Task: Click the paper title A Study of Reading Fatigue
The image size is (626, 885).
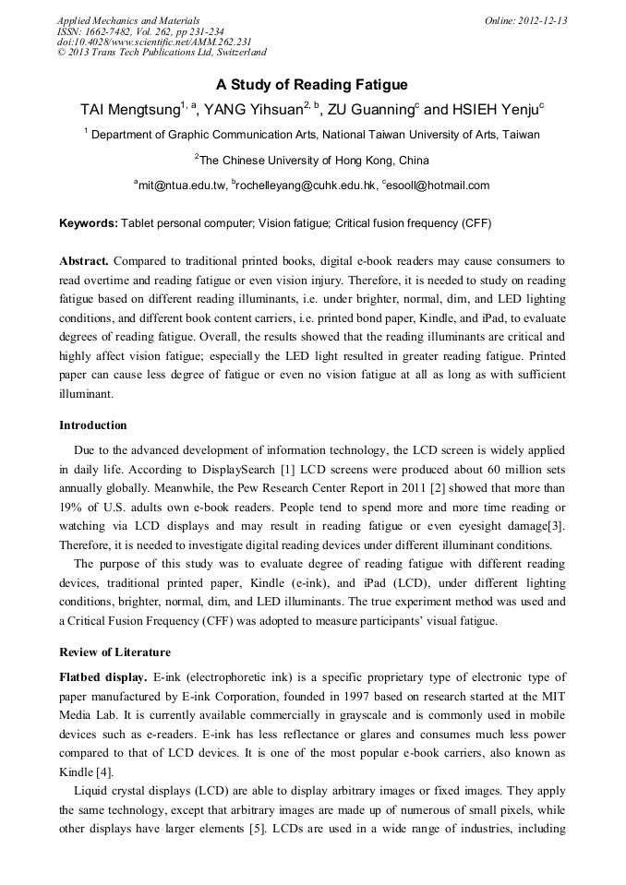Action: tap(312, 85)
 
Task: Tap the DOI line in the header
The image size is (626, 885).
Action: tap(154, 42)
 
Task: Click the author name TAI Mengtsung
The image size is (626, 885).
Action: tap(129, 109)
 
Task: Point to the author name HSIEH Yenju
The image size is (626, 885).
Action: tap(496, 109)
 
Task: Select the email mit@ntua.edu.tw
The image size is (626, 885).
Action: tap(182, 185)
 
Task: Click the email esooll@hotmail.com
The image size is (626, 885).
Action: tap(439, 185)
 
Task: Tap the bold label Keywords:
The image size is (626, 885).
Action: tap(89, 223)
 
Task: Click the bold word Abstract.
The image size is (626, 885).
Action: tap(84, 262)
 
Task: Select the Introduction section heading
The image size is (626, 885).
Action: tap(93, 425)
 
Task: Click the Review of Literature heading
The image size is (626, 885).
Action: tap(114, 652)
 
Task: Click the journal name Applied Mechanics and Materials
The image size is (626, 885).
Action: tap(128, 20)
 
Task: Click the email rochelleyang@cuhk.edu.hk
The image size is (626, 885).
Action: tap(306, 185)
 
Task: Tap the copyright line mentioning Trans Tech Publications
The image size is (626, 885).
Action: tap(162, 53)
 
